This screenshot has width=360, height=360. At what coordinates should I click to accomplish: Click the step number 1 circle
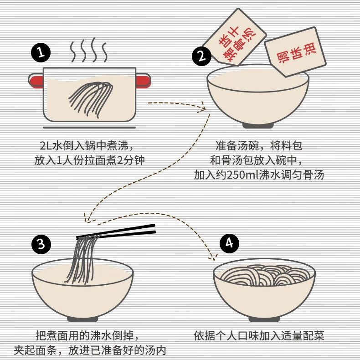click(x=40, y=53)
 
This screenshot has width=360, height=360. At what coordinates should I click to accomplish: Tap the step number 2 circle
click(x=201, y=57)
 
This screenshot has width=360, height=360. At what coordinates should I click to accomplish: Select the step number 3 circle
click(x=41, y=245)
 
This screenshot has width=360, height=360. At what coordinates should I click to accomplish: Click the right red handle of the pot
click(x=143, y=81)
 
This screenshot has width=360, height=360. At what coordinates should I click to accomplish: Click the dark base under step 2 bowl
click(x=257, y=125)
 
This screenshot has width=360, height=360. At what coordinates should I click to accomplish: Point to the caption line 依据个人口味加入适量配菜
click(x=258, y=336)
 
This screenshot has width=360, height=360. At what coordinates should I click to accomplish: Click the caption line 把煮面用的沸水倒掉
click(x=85, y=336)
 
